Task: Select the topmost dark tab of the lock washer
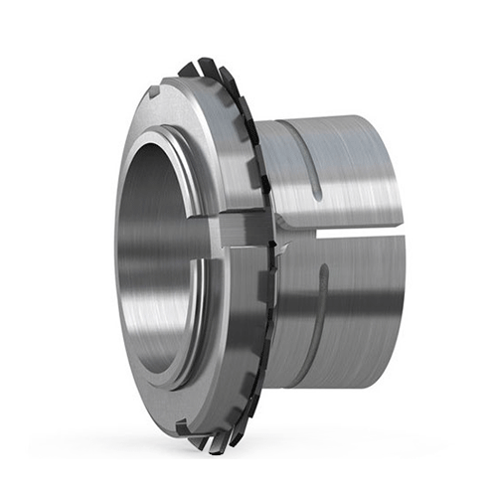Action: click(x=188, y=68)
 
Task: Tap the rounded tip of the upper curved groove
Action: click(x=316, y=188)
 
